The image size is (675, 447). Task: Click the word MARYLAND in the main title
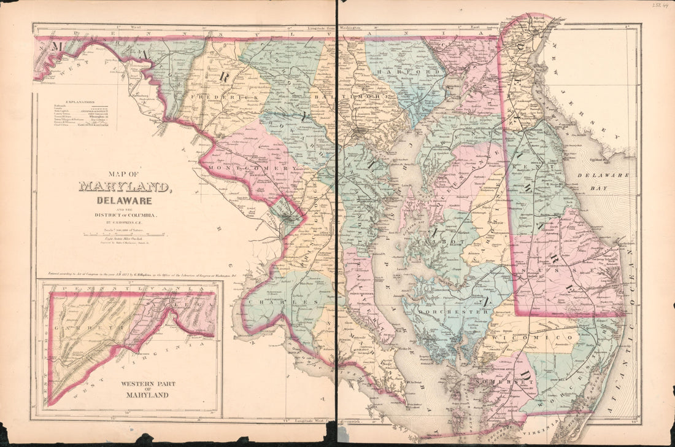coord(125,187)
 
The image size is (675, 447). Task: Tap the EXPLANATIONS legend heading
coord(73,101)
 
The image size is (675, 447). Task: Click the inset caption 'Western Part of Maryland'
coord(147,389)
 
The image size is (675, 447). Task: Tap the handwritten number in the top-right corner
coord(661,5)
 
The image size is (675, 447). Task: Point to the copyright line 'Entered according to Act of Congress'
coord(184,274)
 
